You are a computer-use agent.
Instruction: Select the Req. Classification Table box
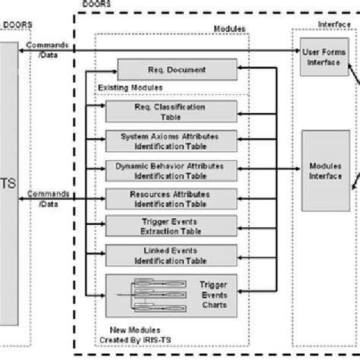(167, 112)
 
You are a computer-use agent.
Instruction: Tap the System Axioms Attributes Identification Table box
(167, 141)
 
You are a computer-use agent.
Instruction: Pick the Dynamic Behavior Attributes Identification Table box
(167, 169)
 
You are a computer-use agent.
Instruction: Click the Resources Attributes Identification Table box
(167, 198)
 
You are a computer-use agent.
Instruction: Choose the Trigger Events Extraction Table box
(167, 226)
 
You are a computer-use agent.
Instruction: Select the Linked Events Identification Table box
(167, 254)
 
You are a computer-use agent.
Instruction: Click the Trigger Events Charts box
(167, 292)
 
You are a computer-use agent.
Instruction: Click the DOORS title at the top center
(93, 5)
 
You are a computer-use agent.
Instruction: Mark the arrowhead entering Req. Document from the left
(114, 71)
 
